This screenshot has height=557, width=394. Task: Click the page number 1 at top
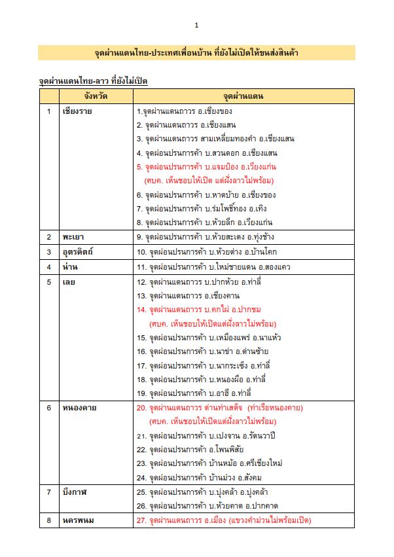[x=196, y=26]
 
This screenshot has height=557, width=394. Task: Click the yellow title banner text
[x=196, y=52]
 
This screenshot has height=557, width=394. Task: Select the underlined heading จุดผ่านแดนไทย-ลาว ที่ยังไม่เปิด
[x=93, y=81]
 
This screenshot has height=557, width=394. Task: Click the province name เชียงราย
[x=77, y=111]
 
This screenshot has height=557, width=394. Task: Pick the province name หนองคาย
[x=80, y=408]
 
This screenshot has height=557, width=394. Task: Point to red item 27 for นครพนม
[x=223, y=520]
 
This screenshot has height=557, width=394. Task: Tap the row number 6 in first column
[x=48, y=408]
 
